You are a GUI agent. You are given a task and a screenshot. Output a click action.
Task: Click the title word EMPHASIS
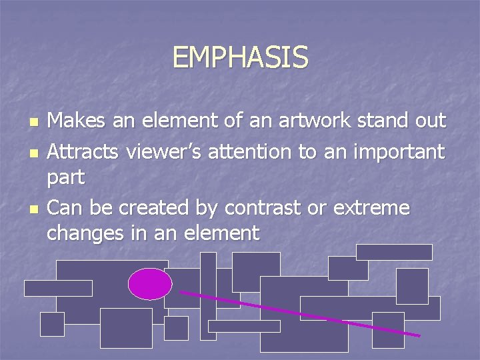240,57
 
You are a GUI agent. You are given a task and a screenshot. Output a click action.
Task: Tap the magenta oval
150,284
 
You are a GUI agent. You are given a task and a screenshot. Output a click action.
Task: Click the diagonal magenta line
300,314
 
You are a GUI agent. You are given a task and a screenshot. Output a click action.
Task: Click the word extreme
371,208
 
